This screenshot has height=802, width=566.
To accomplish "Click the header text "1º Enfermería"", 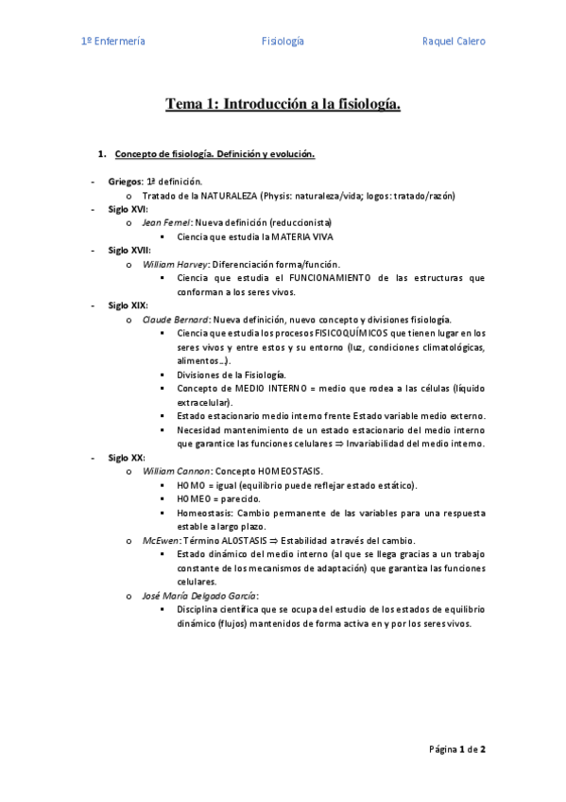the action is pyautogui.click(x=112, y=42).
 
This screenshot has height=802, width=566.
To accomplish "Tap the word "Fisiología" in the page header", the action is pyautogui.click(x=283, y=42).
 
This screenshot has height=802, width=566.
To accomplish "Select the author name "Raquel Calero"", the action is pyautogui.click(x=454, y=42).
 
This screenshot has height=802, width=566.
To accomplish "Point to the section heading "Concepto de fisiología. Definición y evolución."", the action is pyautogui.click(x=214, y=153).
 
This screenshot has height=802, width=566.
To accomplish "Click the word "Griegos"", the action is pyautogui.click(x=125, y=181).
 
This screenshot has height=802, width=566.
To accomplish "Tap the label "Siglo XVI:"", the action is pyautogui.click(x=128, y=209).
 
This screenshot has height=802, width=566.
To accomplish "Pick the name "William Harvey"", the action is pyautogui.click(x=174, y=265).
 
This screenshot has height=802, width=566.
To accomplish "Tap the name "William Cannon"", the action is pyautogui.click(x=176, y=471).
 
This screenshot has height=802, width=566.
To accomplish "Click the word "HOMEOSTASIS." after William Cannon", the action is pyautogui.click(x=290, y=471).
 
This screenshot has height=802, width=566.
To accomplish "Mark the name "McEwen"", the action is pyautogui.click(x=160, y=540).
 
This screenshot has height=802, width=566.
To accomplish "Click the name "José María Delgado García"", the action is pyautogui.click(x=197, y=596).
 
